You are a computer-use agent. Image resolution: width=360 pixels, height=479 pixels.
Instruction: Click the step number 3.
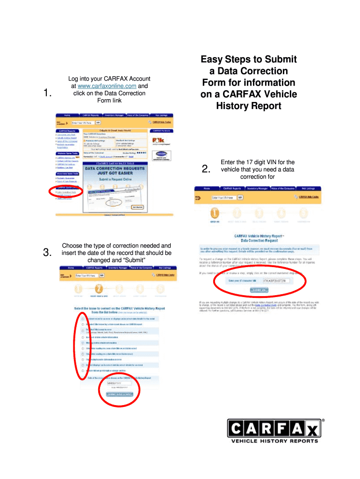pos(46,253)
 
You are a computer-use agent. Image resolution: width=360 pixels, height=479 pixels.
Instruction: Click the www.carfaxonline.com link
pos(109,86)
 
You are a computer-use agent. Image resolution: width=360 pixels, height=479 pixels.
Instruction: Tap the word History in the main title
pos(233,106)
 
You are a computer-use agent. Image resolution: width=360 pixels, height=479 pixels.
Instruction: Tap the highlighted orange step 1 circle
pos(214,213)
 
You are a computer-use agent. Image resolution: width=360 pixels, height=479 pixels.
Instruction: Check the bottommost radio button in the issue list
pos(83,370)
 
